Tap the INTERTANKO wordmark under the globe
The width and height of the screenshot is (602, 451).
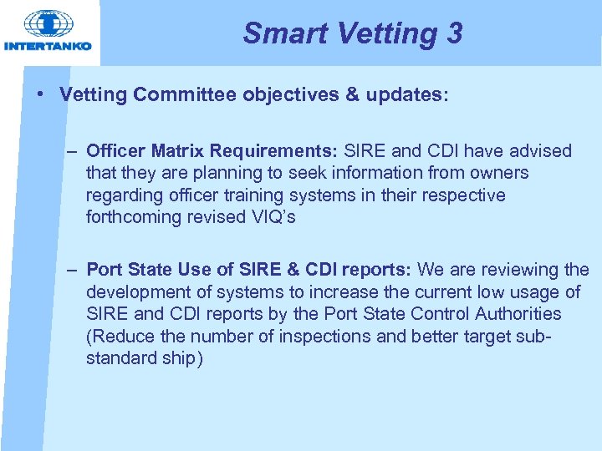[48, 46]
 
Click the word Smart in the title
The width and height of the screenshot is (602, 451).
[279, 33]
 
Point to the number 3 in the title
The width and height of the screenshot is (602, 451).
[454, 33]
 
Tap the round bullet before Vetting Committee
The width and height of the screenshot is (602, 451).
[41, 94]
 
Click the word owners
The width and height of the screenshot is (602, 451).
[499, 173]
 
